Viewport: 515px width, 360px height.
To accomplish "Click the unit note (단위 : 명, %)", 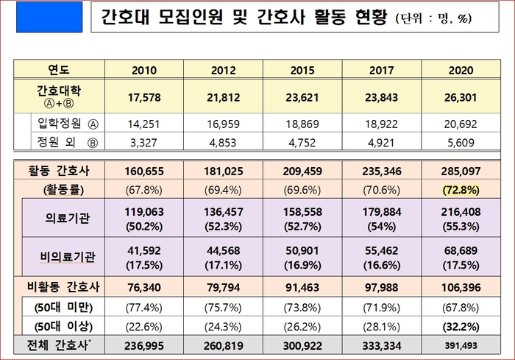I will [x=438, y=21].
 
